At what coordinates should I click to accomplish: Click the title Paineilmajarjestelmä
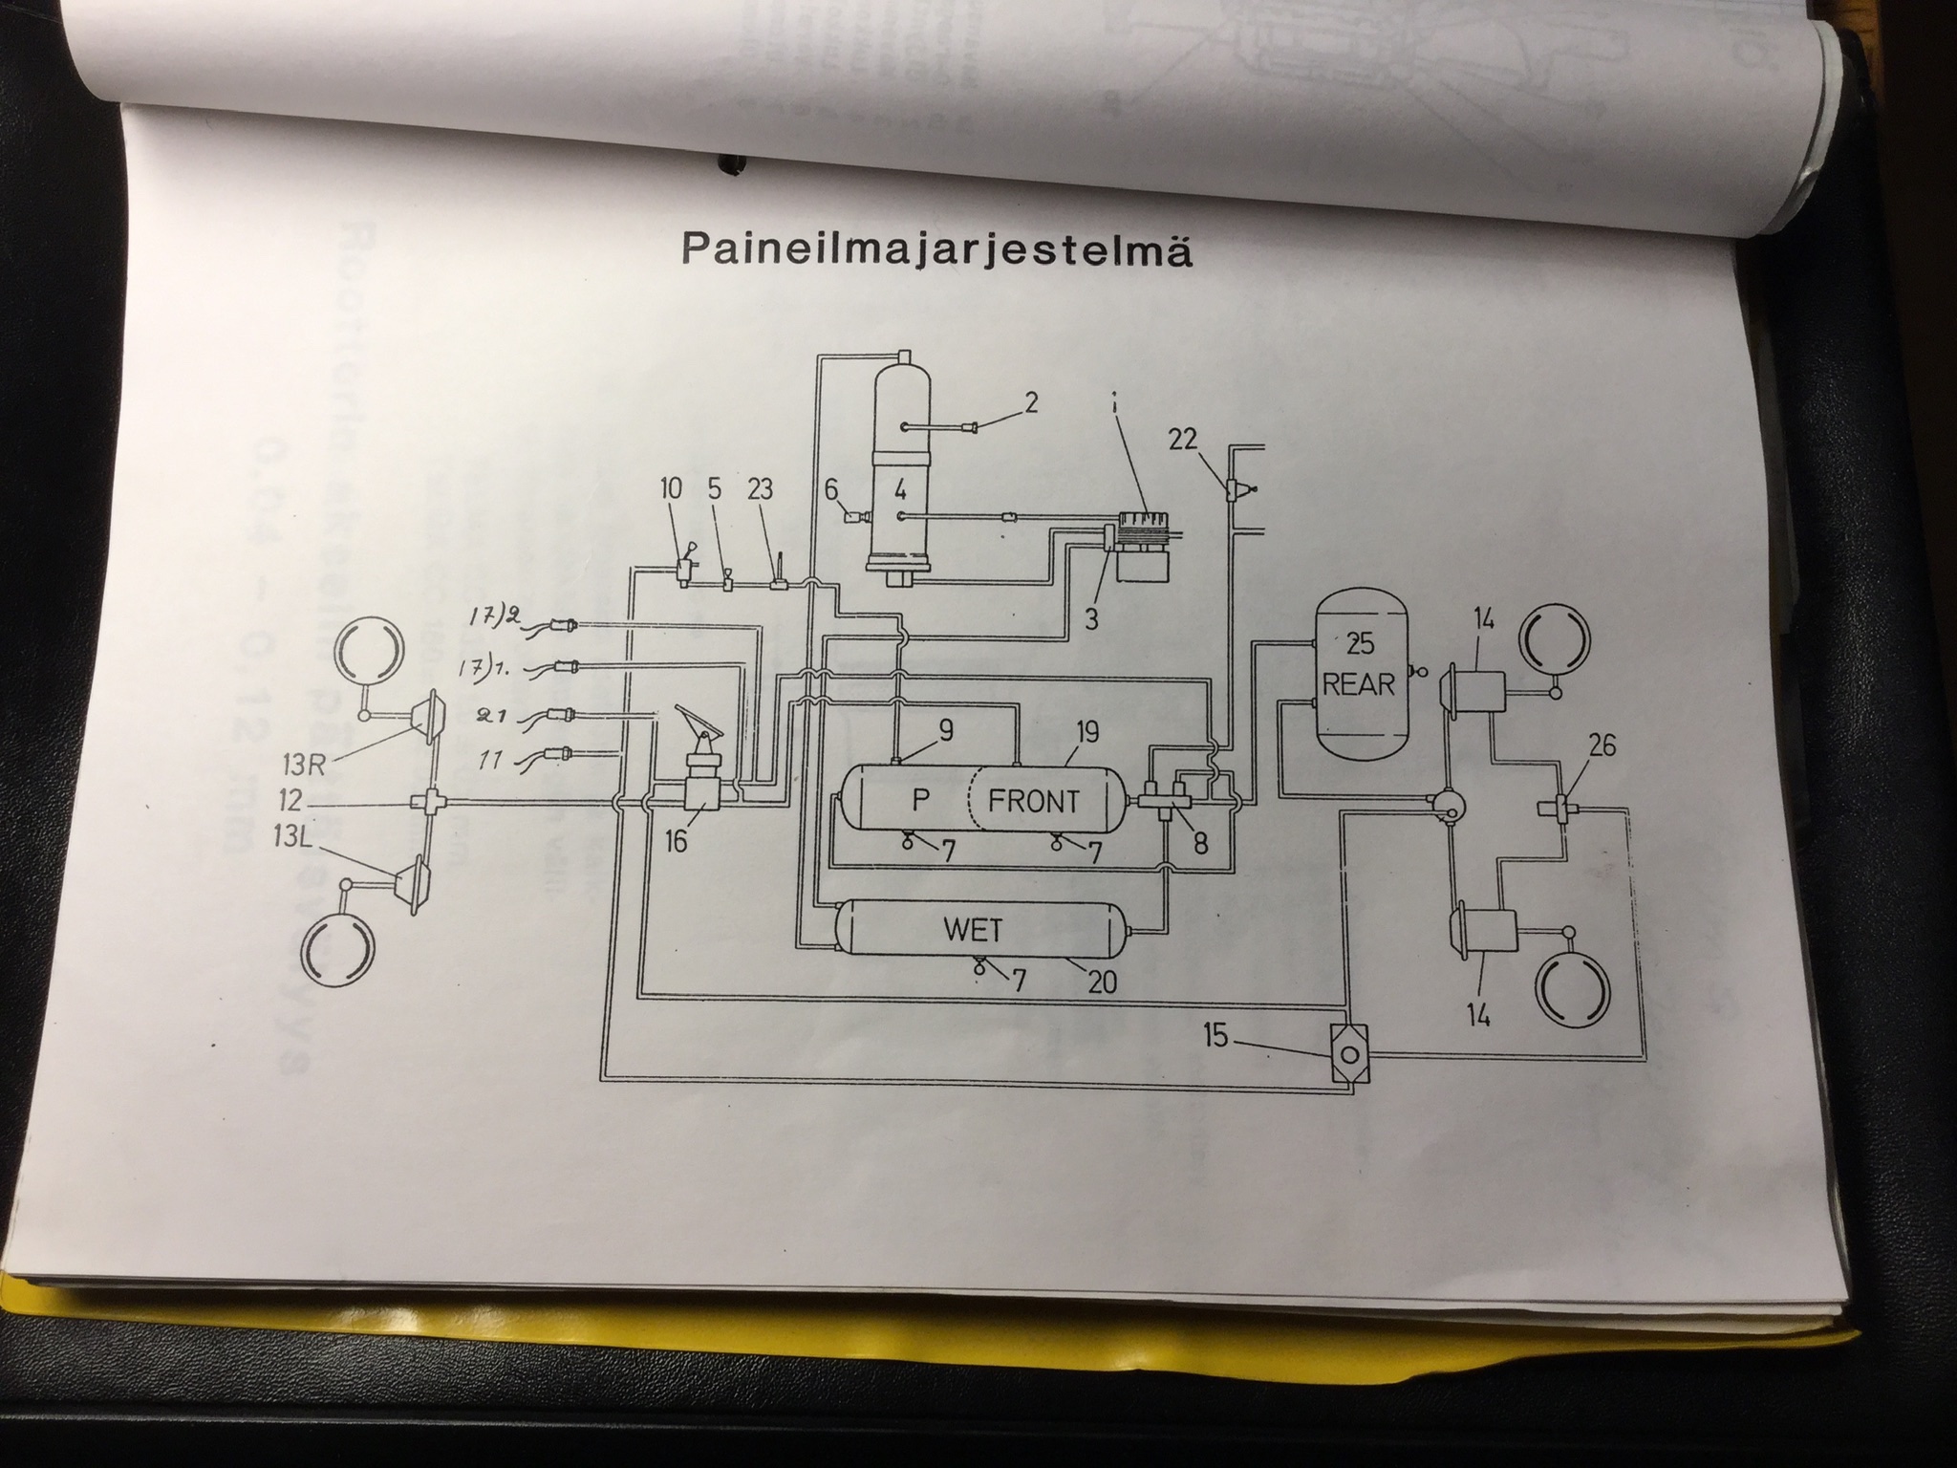pos(937,250)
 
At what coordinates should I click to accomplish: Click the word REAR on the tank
pos(1359,683)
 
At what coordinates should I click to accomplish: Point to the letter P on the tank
pos(920,800)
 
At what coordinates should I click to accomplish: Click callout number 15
pos(1215,1035)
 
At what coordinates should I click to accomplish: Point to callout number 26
pos(1602,745)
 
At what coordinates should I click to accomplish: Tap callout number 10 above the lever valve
pos(671,489)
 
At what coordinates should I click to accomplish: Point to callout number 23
pos(760,489)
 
